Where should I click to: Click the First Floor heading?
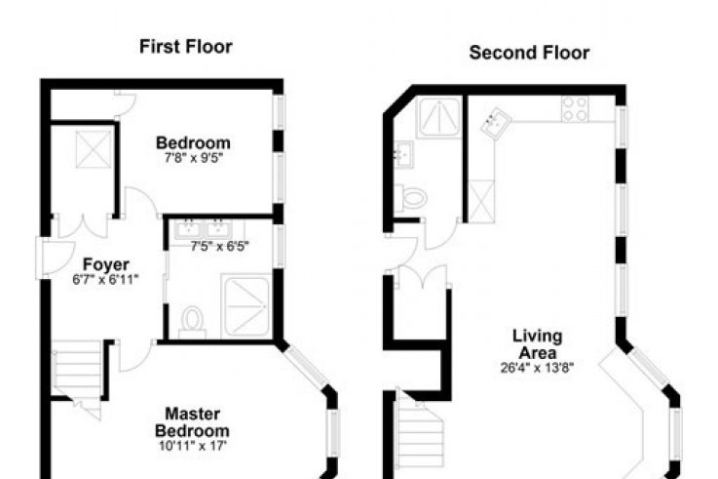186,47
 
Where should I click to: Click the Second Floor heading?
529,53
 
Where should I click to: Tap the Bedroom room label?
193,143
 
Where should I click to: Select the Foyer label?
106,264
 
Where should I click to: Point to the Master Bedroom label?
192,422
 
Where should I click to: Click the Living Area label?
538,344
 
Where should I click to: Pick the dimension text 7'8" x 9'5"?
194,159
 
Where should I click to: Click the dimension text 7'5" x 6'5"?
220,247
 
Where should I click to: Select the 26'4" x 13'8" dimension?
537,368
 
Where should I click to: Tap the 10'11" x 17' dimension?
193,446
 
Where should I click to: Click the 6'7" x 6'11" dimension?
105,280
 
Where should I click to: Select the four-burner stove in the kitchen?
575,108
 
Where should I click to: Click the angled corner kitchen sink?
496,122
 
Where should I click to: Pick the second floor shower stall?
438,117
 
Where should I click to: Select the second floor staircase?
420,433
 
